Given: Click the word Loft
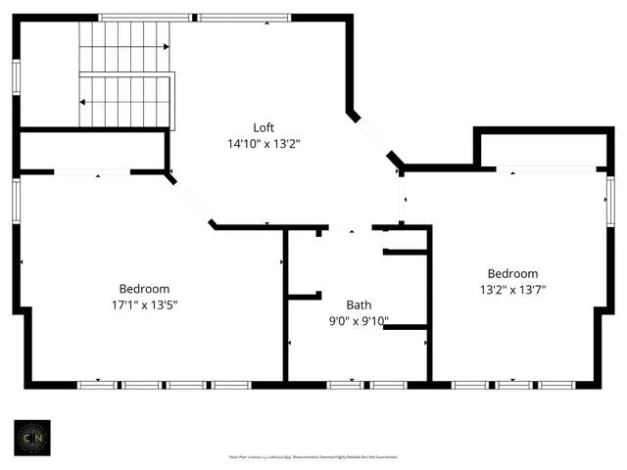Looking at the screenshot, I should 263,127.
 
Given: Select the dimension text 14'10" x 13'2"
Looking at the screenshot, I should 263,143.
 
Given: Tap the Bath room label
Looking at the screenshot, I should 359,305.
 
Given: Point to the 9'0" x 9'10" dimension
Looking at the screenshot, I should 359,320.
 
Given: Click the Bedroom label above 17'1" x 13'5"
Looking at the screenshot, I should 144,289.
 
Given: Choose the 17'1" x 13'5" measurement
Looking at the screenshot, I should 144,305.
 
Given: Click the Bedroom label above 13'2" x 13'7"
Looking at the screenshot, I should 512,273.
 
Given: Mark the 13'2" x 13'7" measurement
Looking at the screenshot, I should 512,289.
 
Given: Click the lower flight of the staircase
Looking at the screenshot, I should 123,101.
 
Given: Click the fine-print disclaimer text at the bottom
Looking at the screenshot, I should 313,456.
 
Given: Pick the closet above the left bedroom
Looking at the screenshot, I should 92,151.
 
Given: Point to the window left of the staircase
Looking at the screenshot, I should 16,77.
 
